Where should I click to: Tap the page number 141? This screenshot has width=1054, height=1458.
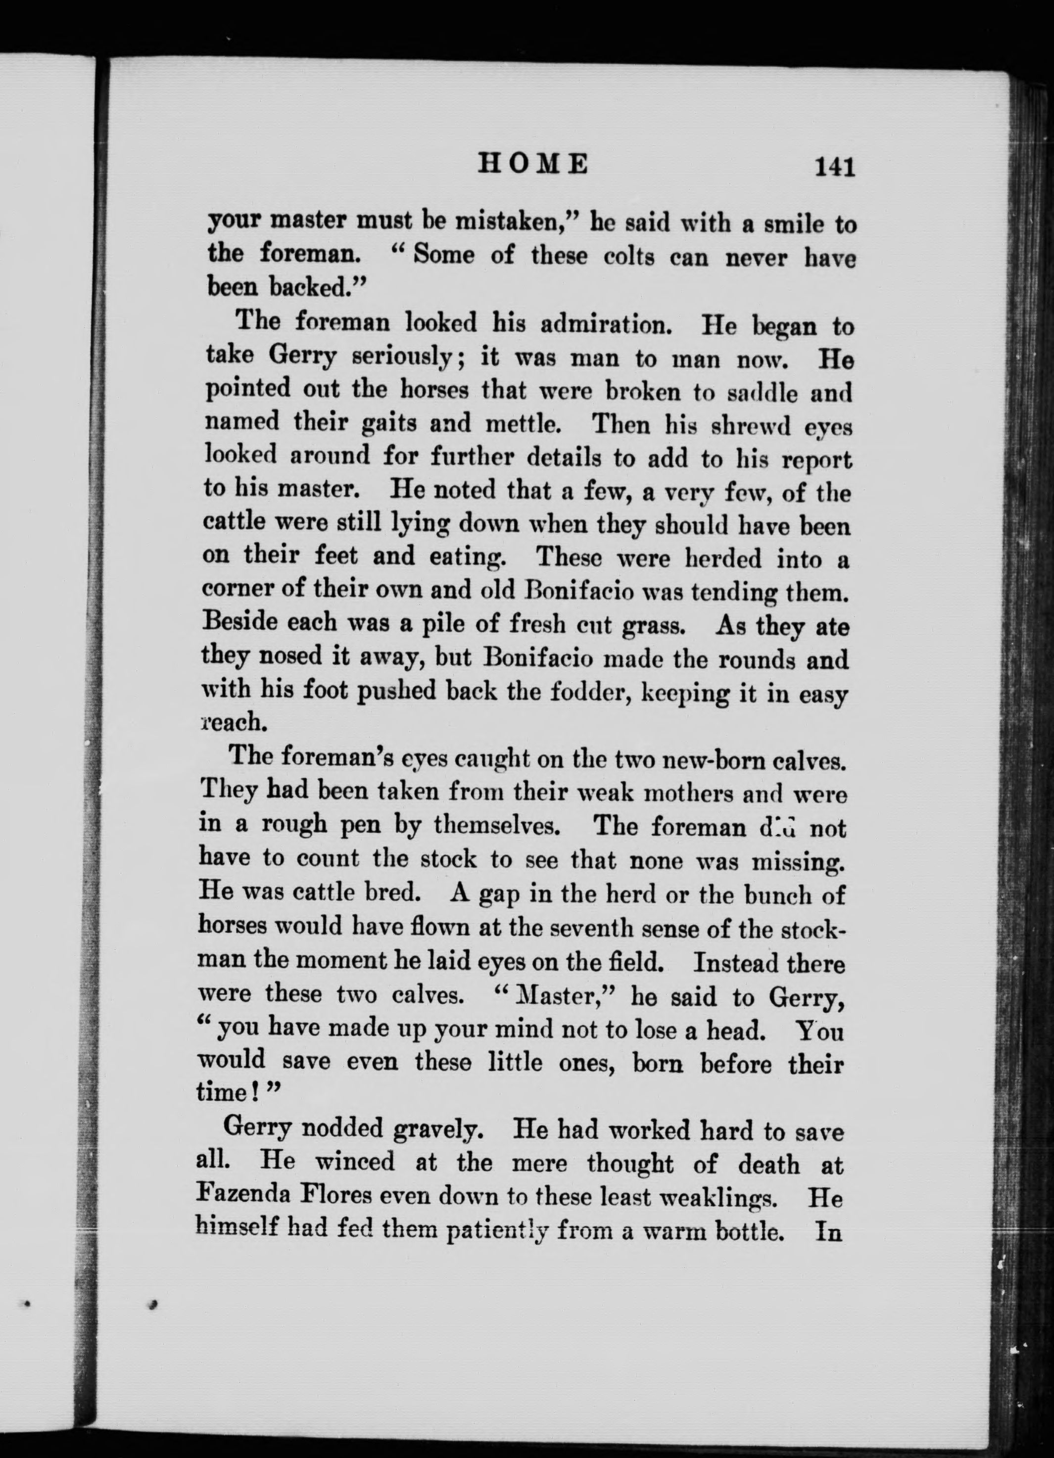coord(834,167)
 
